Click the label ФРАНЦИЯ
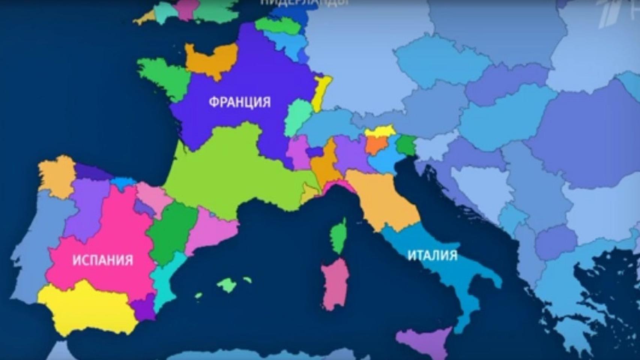pyautogui.click(x=239, y=102)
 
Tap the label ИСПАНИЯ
pyautogui.click(x=103, y=260)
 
